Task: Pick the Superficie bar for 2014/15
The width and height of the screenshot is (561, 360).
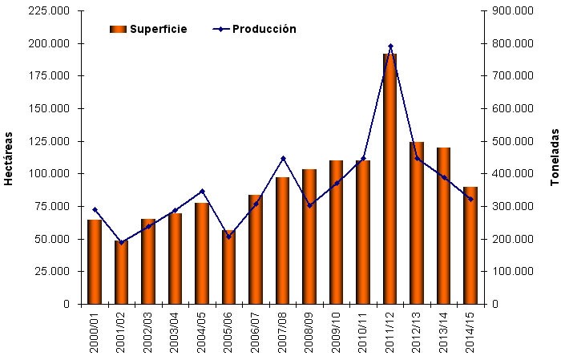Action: click(470, 245)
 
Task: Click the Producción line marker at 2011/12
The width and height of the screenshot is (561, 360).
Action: click(390, 47)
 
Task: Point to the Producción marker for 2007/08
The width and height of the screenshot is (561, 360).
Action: click(283, 159)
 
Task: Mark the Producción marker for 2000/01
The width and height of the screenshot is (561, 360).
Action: click(95, 210)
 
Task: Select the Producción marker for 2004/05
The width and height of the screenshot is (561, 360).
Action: click(202, 191)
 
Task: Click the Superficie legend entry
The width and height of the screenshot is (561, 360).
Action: click(148, 30)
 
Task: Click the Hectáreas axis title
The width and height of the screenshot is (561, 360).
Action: click(9, 157)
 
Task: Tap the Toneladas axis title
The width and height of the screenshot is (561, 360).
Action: click(553, 157)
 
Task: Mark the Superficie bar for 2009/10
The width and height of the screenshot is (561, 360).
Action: click(337, 233)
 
